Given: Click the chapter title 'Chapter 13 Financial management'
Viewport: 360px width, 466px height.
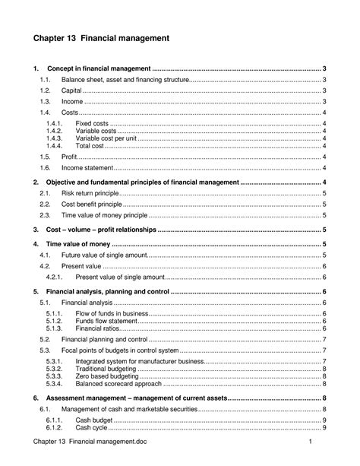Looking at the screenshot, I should tap(99, 37).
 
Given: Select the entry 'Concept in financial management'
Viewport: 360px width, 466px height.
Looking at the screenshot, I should tap(99, 69).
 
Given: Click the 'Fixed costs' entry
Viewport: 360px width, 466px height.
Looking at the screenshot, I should tap(93, 123).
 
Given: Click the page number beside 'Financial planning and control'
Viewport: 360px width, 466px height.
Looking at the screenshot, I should tap(325, 339).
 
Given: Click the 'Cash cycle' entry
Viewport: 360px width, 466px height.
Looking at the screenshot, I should tap(93, 427).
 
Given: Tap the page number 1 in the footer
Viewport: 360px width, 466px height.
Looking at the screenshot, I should tap(311, 442).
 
